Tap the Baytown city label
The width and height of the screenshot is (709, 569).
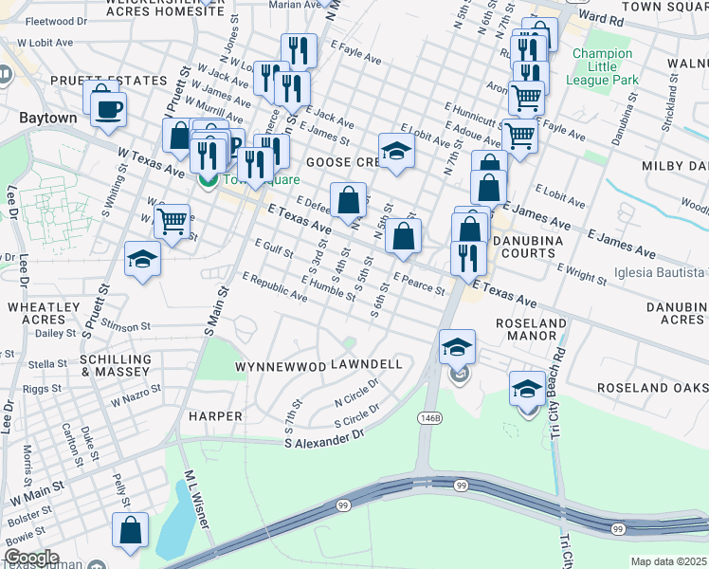pos(47,119)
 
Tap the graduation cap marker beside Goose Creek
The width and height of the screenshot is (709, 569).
pos(396,150)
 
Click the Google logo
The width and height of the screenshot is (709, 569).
pos(30,558)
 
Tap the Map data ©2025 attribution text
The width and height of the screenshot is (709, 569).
pos(668,561)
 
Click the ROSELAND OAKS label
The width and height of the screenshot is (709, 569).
pos(652,389)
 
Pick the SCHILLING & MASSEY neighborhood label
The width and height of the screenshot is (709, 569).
pos(116,366)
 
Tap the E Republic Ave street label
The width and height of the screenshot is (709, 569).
pos(275,287)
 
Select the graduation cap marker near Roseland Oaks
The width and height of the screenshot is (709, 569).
pos(527,388)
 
